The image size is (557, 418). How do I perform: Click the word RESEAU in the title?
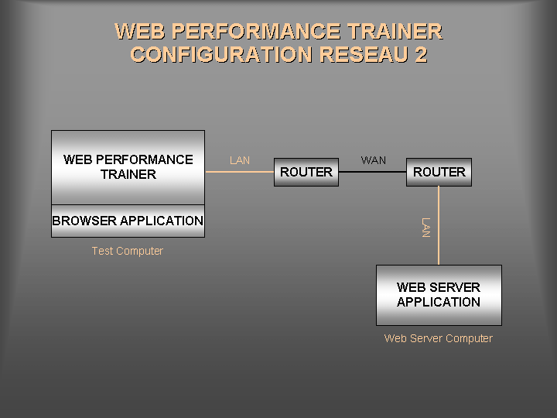(358, 55)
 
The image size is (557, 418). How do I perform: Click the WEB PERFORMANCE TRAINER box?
(128, 167)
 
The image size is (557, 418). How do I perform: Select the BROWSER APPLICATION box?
(128, 221)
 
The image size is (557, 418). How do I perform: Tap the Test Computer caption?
(128, 251)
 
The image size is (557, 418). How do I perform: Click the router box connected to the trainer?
(306, 172)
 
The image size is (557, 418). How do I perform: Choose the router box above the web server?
(439, 172)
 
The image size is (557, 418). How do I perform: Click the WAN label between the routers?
(374, 160)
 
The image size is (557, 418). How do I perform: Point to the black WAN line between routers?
(374, 172)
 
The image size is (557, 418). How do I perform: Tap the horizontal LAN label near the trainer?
(240, 160)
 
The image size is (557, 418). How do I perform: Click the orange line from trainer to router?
(240, 172)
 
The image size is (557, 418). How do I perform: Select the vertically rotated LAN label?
(425, 228)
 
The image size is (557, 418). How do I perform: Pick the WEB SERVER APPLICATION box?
(439, 295)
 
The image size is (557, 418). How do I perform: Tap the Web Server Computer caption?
(439, 338)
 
